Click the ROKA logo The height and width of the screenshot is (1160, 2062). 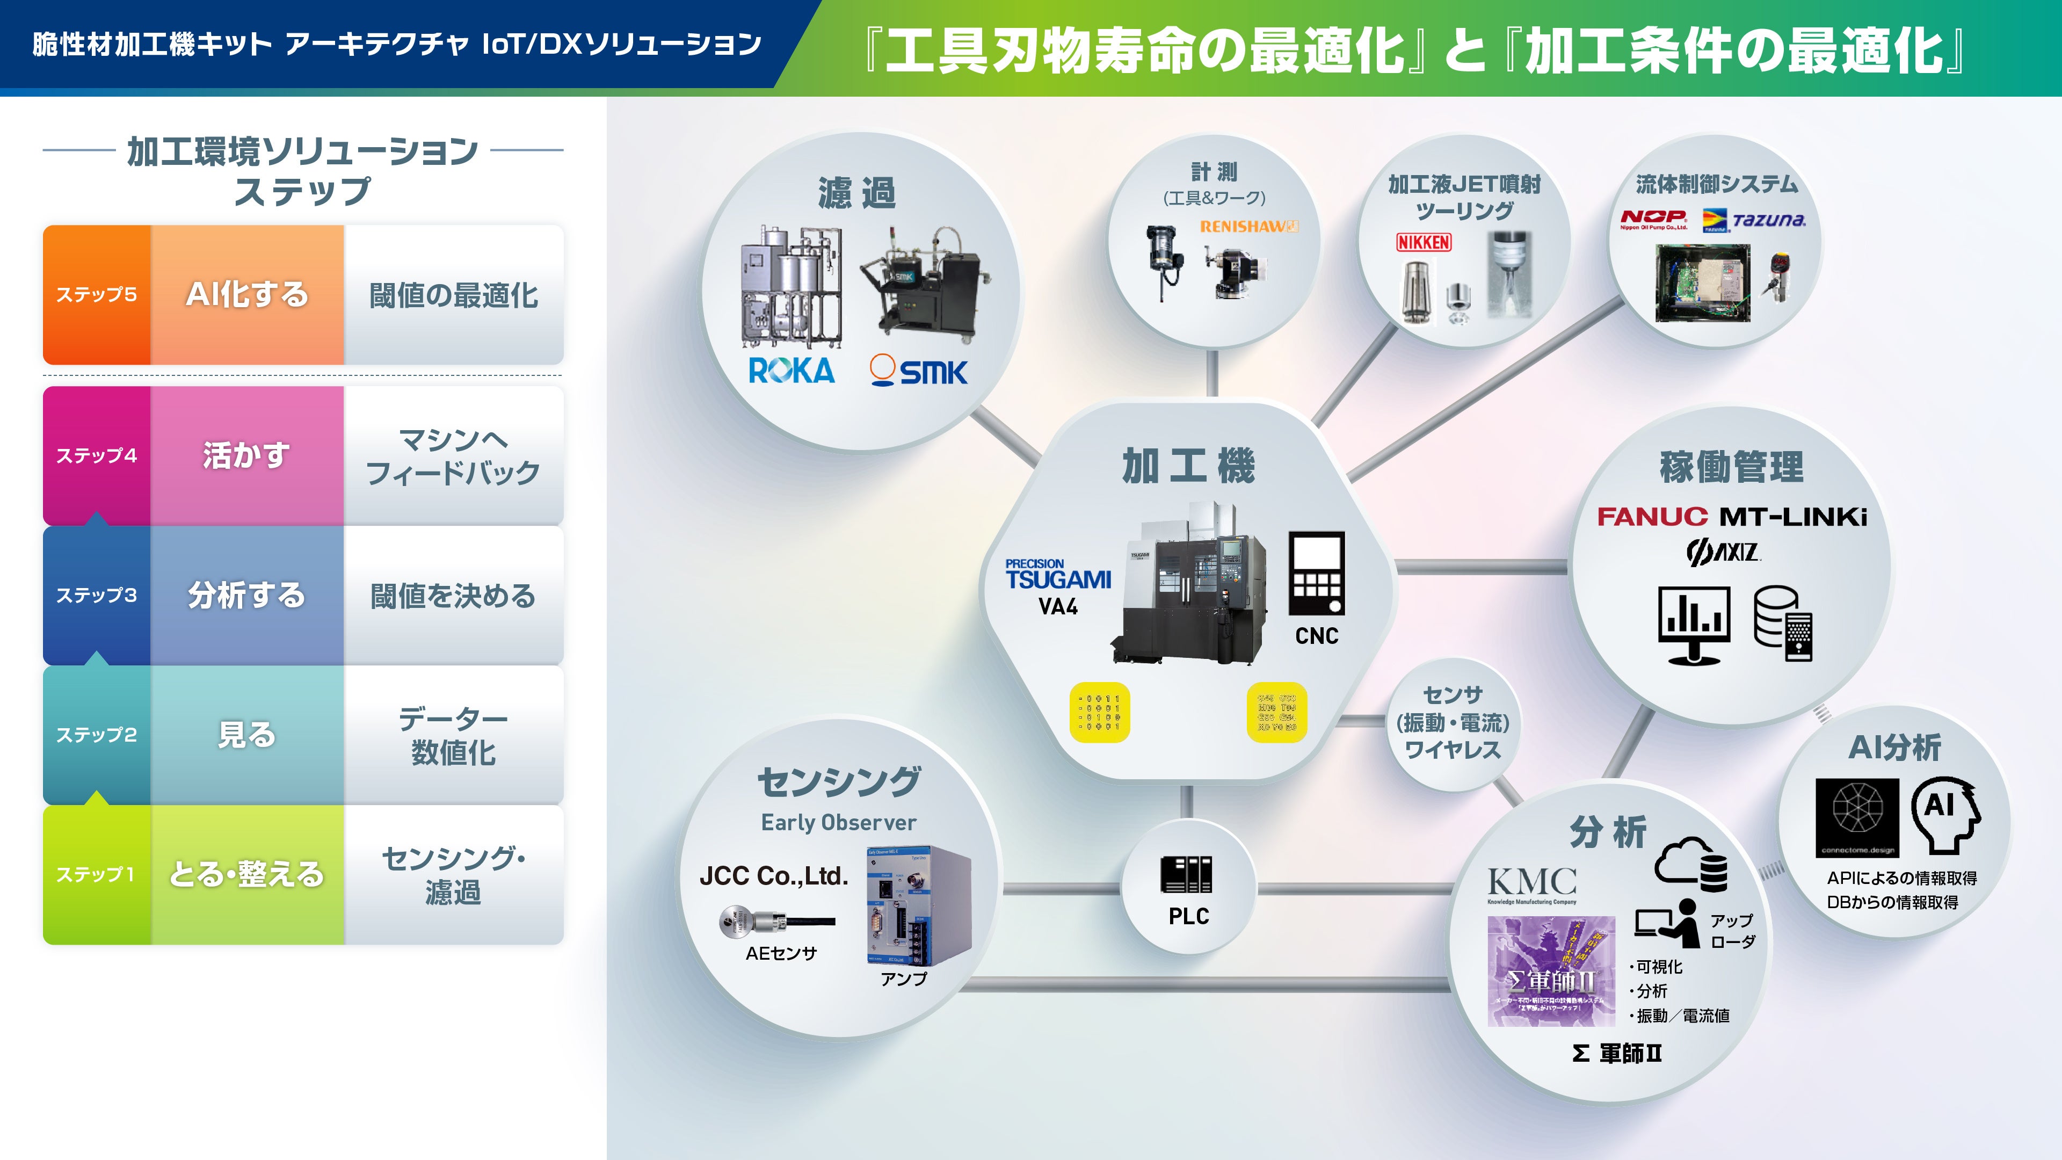(x=791, y=371)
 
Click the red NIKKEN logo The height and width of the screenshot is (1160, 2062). (x=1423, y=242)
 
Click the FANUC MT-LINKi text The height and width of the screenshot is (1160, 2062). (x=1731, y=516)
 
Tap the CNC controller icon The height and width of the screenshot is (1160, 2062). (x=1316, y=573)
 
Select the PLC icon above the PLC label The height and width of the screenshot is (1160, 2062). (x=1186, y=874)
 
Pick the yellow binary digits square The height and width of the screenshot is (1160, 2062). (x=1100, y=712)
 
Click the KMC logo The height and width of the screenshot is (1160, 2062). (x=1532, y=884)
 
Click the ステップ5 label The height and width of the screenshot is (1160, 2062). (x=96, y=295)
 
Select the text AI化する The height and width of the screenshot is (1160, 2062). (x=246, y=295)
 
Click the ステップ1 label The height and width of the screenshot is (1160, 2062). (x=96, y=874)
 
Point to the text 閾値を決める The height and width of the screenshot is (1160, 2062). (x=453, y=596)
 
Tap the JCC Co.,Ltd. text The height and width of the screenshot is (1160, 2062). (x=773, y=876)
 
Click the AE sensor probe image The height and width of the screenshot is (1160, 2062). (x=775, y=922)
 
